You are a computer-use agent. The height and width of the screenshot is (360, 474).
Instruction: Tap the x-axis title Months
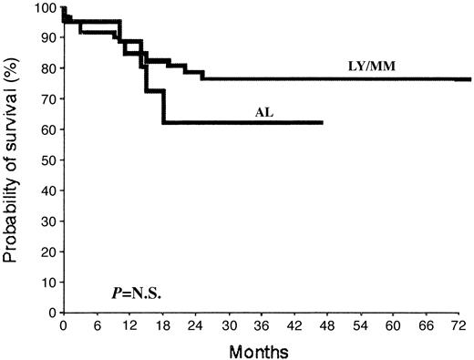click(x=265, y=350)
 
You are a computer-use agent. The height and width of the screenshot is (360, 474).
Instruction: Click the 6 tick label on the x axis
click(x=97, y=324)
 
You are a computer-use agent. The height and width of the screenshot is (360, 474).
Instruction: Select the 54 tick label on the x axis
click(x=361, y=324)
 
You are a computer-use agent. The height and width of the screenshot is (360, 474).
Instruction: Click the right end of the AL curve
click(x=322, y=122)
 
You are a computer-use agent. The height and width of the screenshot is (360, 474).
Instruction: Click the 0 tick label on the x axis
click(x=64, y=324)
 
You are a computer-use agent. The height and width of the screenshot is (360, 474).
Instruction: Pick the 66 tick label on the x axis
click(x=427, y=324)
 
